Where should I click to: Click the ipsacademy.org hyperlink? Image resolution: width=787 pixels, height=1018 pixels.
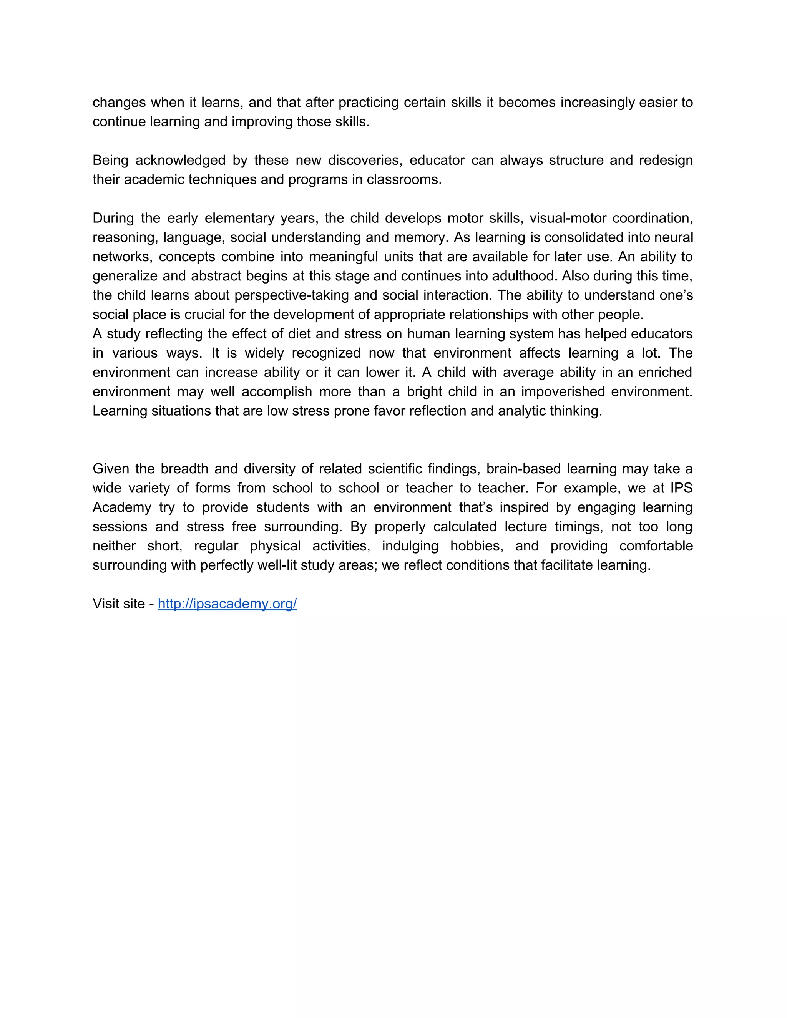pyautogui.click(x=227, y=604)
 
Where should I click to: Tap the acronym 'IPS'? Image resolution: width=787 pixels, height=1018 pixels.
pyautogui.click(x=681, y=488)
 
